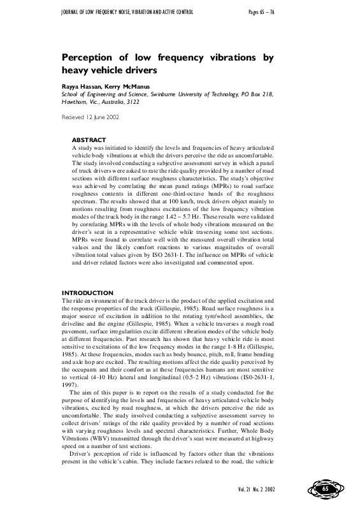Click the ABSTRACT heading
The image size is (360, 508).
pyautogui.click(x=89, y=140)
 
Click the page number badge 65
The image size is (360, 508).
pyautogui.click(x=325, y=488)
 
